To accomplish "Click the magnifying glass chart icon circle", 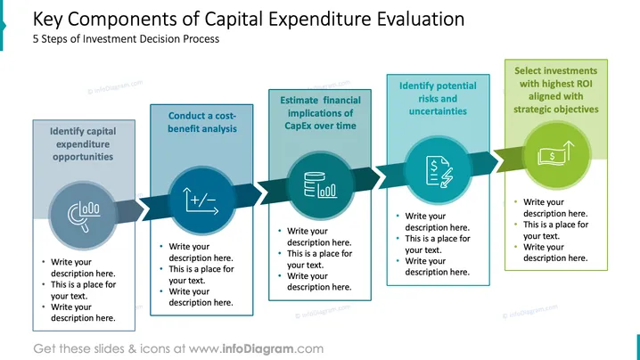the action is (83, 216).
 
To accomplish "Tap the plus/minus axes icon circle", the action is (201, 200).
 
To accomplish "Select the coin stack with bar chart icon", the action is (320, 184).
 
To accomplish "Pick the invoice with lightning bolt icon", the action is (439, 171).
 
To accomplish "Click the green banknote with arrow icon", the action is (556, 153).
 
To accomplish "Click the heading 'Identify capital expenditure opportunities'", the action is (83, 144).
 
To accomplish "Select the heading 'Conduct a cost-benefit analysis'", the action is (202, 122).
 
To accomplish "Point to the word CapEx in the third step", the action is (299, 126).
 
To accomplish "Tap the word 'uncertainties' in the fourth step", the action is (438, 111).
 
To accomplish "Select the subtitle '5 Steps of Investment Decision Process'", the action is (126, 39).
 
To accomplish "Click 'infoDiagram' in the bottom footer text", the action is (258, 348).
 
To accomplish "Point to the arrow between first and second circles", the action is (131, 210).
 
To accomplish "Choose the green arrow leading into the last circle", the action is (509, 160).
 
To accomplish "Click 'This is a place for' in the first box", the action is (83, 284).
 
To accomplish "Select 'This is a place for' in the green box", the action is (556, 225).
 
